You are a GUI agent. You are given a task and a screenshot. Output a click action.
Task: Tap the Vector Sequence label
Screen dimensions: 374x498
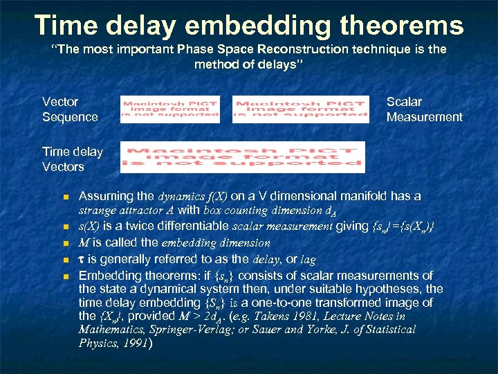click(x=70, y=109)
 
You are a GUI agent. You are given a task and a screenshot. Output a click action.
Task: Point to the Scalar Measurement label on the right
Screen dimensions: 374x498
click(x=424, y=109)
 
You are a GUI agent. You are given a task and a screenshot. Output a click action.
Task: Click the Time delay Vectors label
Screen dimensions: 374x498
click(x=72, y=159)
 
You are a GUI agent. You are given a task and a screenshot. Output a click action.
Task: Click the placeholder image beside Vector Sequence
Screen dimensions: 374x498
click(x=169, y=109)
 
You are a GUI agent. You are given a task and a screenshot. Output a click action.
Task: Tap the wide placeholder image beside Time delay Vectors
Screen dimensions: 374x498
click(x=242, y=157)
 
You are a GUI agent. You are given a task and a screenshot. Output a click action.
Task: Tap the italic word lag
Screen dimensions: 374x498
click(x=308, y=259)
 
